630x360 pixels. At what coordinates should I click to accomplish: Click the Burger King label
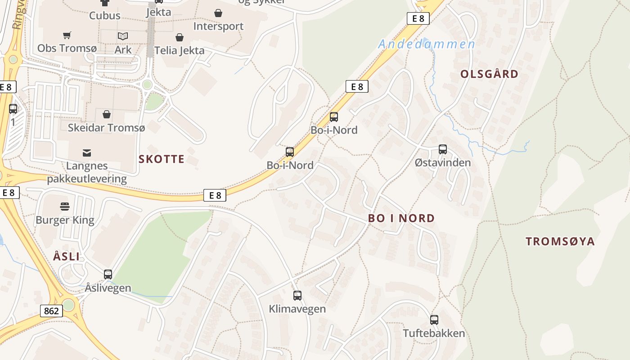[65, 220]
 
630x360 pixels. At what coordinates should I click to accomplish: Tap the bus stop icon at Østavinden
[443, 149]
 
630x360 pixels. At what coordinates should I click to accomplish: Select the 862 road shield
[51, 310]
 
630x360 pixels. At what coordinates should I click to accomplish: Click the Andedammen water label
[427, 44]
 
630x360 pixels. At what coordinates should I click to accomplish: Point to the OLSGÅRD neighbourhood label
[489, 74]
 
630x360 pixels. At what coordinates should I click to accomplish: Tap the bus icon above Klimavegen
[297, 296]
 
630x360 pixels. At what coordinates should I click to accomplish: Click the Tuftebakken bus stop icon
[434, 320]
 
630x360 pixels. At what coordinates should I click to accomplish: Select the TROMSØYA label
[560, 241]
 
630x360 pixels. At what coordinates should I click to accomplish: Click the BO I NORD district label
[401, 218]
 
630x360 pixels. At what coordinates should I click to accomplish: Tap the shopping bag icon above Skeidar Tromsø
[107, 114]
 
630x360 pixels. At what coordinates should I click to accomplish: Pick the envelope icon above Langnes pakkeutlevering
[86, 153]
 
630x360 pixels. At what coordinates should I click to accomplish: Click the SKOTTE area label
[162, 159]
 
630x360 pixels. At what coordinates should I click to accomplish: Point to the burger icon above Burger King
[65, 207]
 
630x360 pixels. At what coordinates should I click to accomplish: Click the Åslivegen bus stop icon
[108, 274]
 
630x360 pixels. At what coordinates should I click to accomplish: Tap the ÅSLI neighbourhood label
[66, 257]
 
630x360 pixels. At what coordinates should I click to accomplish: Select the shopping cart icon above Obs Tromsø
[67, 35]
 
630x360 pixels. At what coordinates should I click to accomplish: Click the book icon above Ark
[123, 36]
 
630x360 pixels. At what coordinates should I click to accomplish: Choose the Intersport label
[218, 26]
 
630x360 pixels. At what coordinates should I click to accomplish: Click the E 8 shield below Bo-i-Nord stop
[215, 195]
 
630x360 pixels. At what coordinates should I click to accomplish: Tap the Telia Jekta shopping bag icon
[180, 37]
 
